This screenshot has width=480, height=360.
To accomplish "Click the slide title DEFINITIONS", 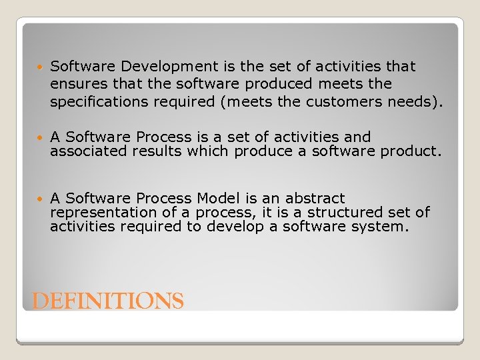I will (108, 301).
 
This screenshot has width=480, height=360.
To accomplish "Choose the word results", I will (157, 151).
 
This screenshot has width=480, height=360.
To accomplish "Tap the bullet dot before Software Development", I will (39, 67).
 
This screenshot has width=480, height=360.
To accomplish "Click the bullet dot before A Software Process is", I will (39, 137).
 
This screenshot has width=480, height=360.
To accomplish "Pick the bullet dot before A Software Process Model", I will (39, 199).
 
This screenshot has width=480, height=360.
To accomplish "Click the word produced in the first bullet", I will (279, 84).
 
